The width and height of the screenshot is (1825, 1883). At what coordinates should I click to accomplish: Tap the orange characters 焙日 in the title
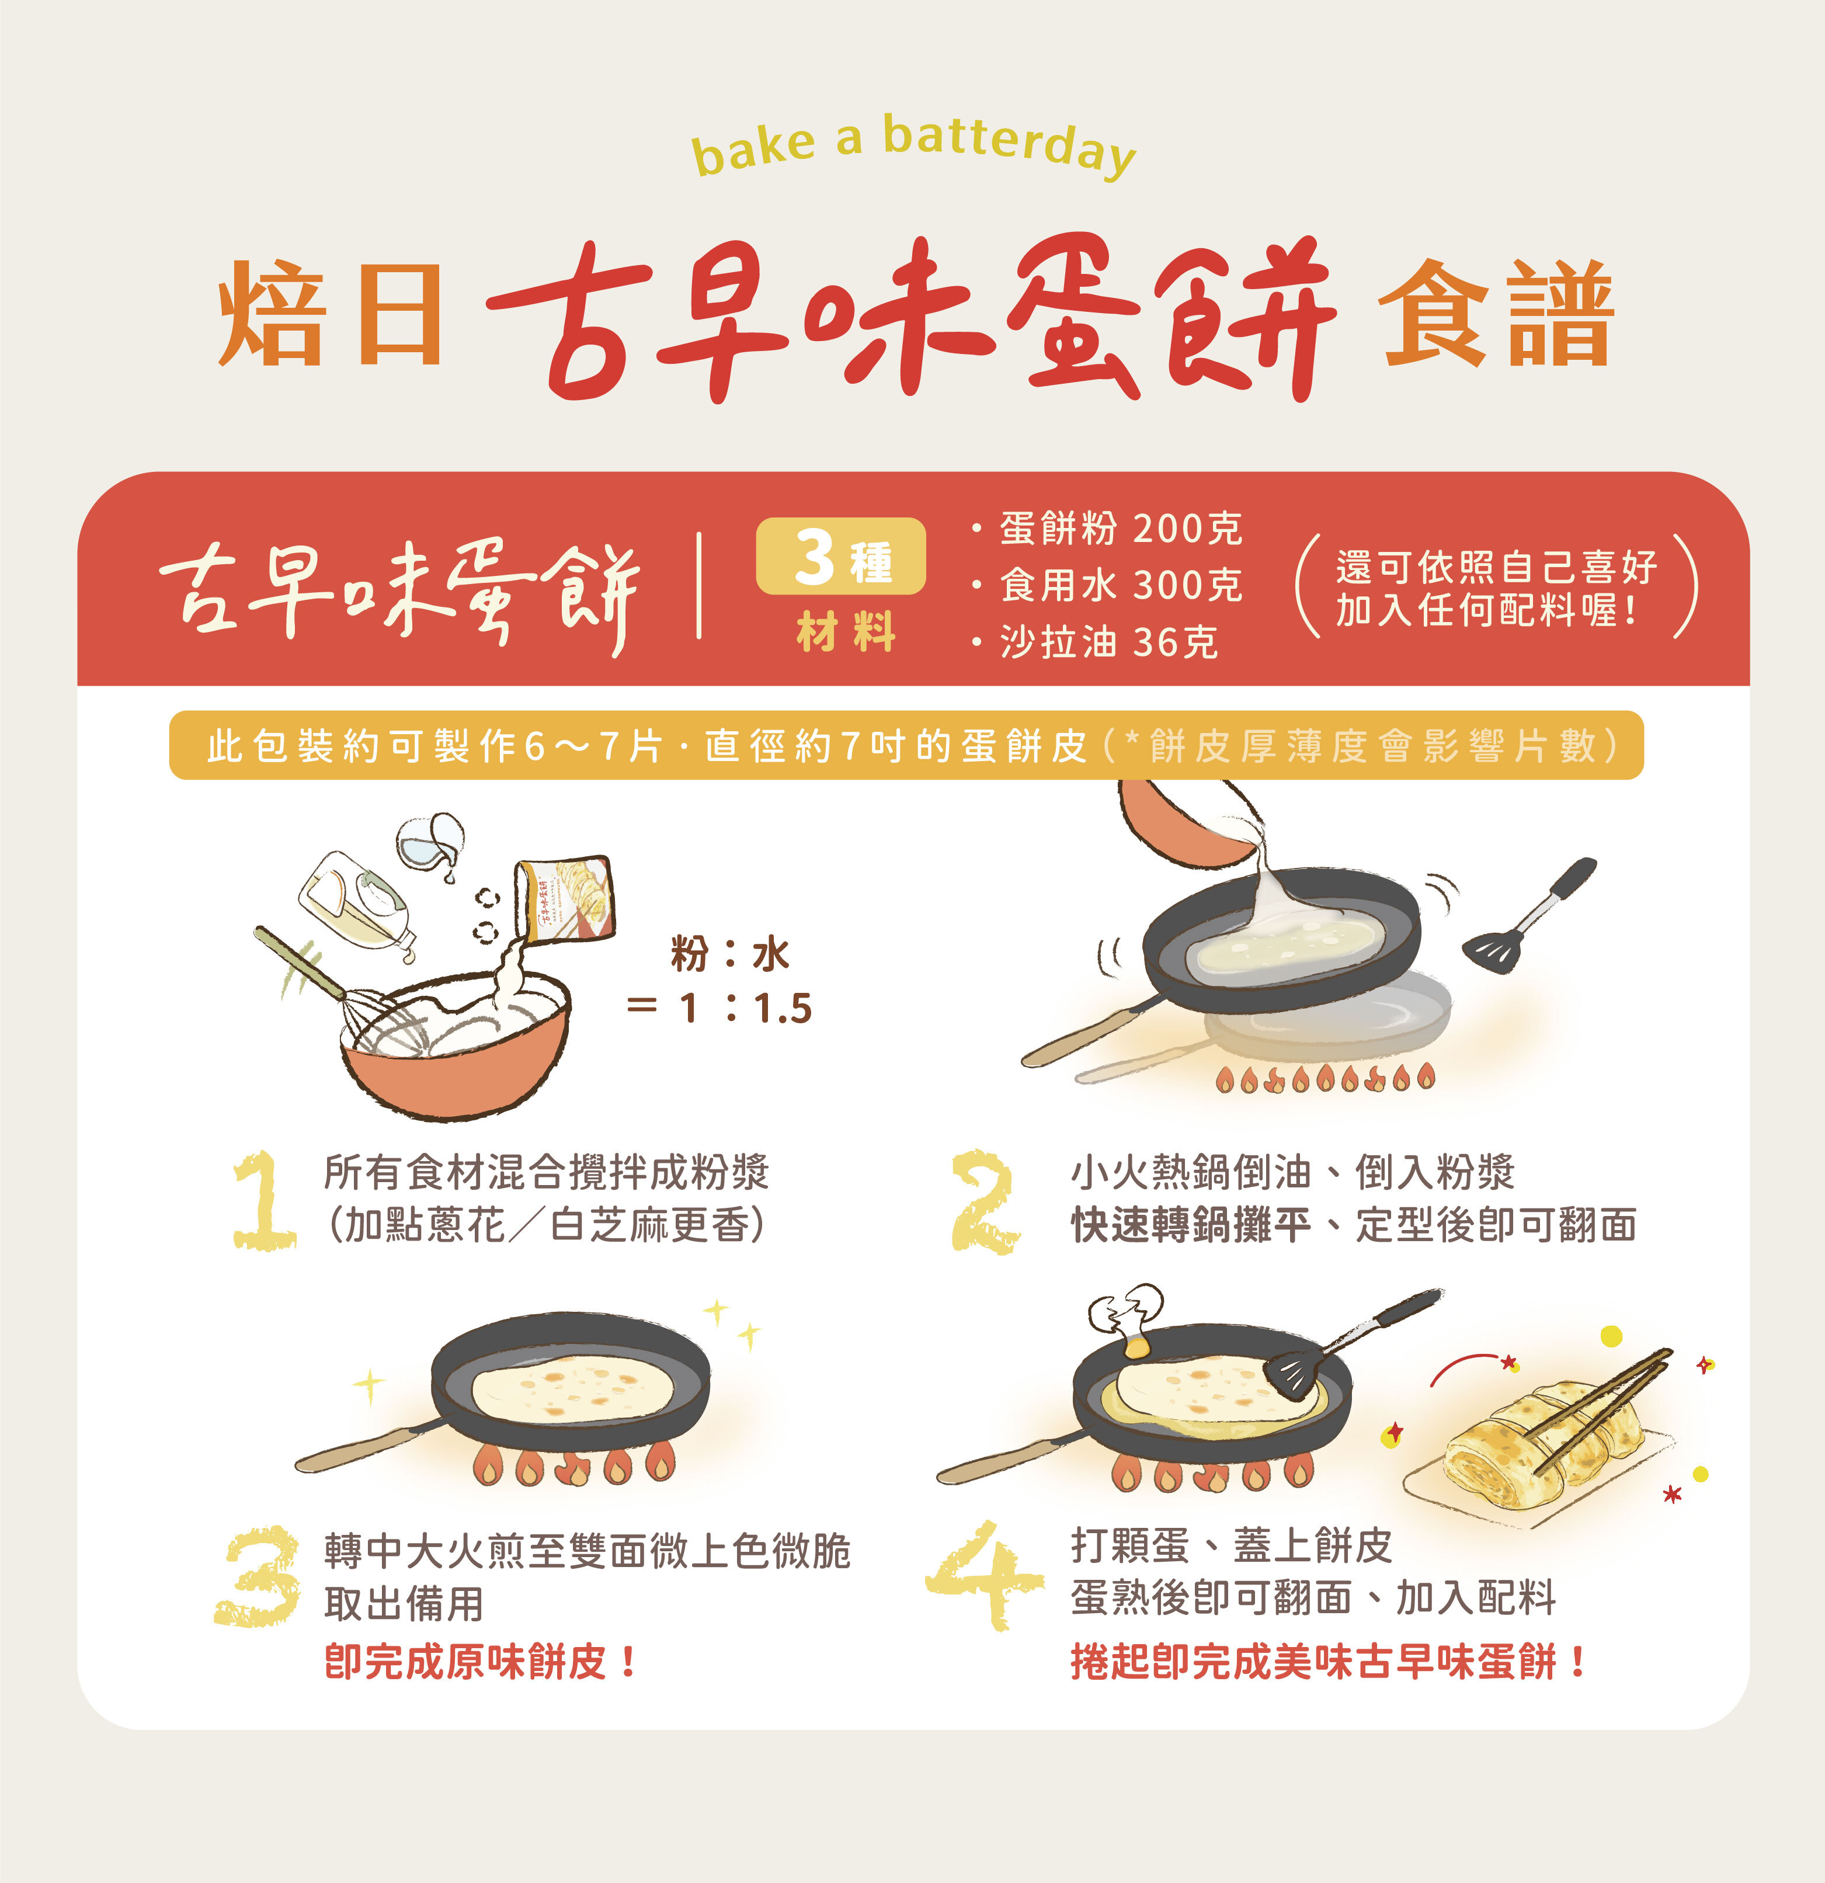(x=329, y=314)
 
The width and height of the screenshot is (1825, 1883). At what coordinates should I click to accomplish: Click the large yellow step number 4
(x=983, y=1576)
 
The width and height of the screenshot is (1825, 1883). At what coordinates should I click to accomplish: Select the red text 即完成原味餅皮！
(x=480, y=1662)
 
